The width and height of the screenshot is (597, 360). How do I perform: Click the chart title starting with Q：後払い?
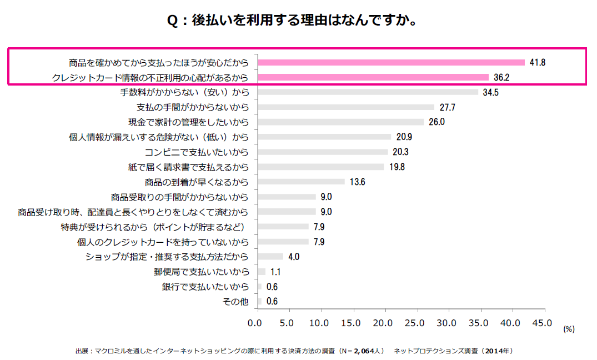pyautogui.click(x=292, y=21)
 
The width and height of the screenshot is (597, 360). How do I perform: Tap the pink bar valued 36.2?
pyautogui.click(x=373, y=77)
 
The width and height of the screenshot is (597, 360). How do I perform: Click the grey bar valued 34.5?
pyautogui.click(x=367, y=92)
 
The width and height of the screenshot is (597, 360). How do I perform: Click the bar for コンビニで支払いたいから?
pyautogui.click(x=322, y=152)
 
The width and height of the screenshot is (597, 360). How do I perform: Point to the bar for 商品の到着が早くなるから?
pyautogui.click(x=300, y=182)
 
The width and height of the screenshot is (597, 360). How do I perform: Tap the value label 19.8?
pyautogui.click(x=397, y=167)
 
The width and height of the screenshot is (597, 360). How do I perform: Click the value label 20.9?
pyautogui.click(x=404, y=137)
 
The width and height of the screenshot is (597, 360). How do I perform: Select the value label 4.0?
pyautogui.click(x=294, y=257)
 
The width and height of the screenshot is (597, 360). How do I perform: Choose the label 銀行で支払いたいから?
pyautogui.click(x=205, y=287)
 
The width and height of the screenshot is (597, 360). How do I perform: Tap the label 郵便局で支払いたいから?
pyautogui.click(x=201, y=272)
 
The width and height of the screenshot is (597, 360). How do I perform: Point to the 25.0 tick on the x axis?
pyautogui.click(x=415, y=323)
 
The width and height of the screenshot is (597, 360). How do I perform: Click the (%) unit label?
pyautogui.click(x=569, y=329)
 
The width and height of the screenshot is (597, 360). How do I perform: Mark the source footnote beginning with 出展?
pyautogui.click(x=294, y=351)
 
